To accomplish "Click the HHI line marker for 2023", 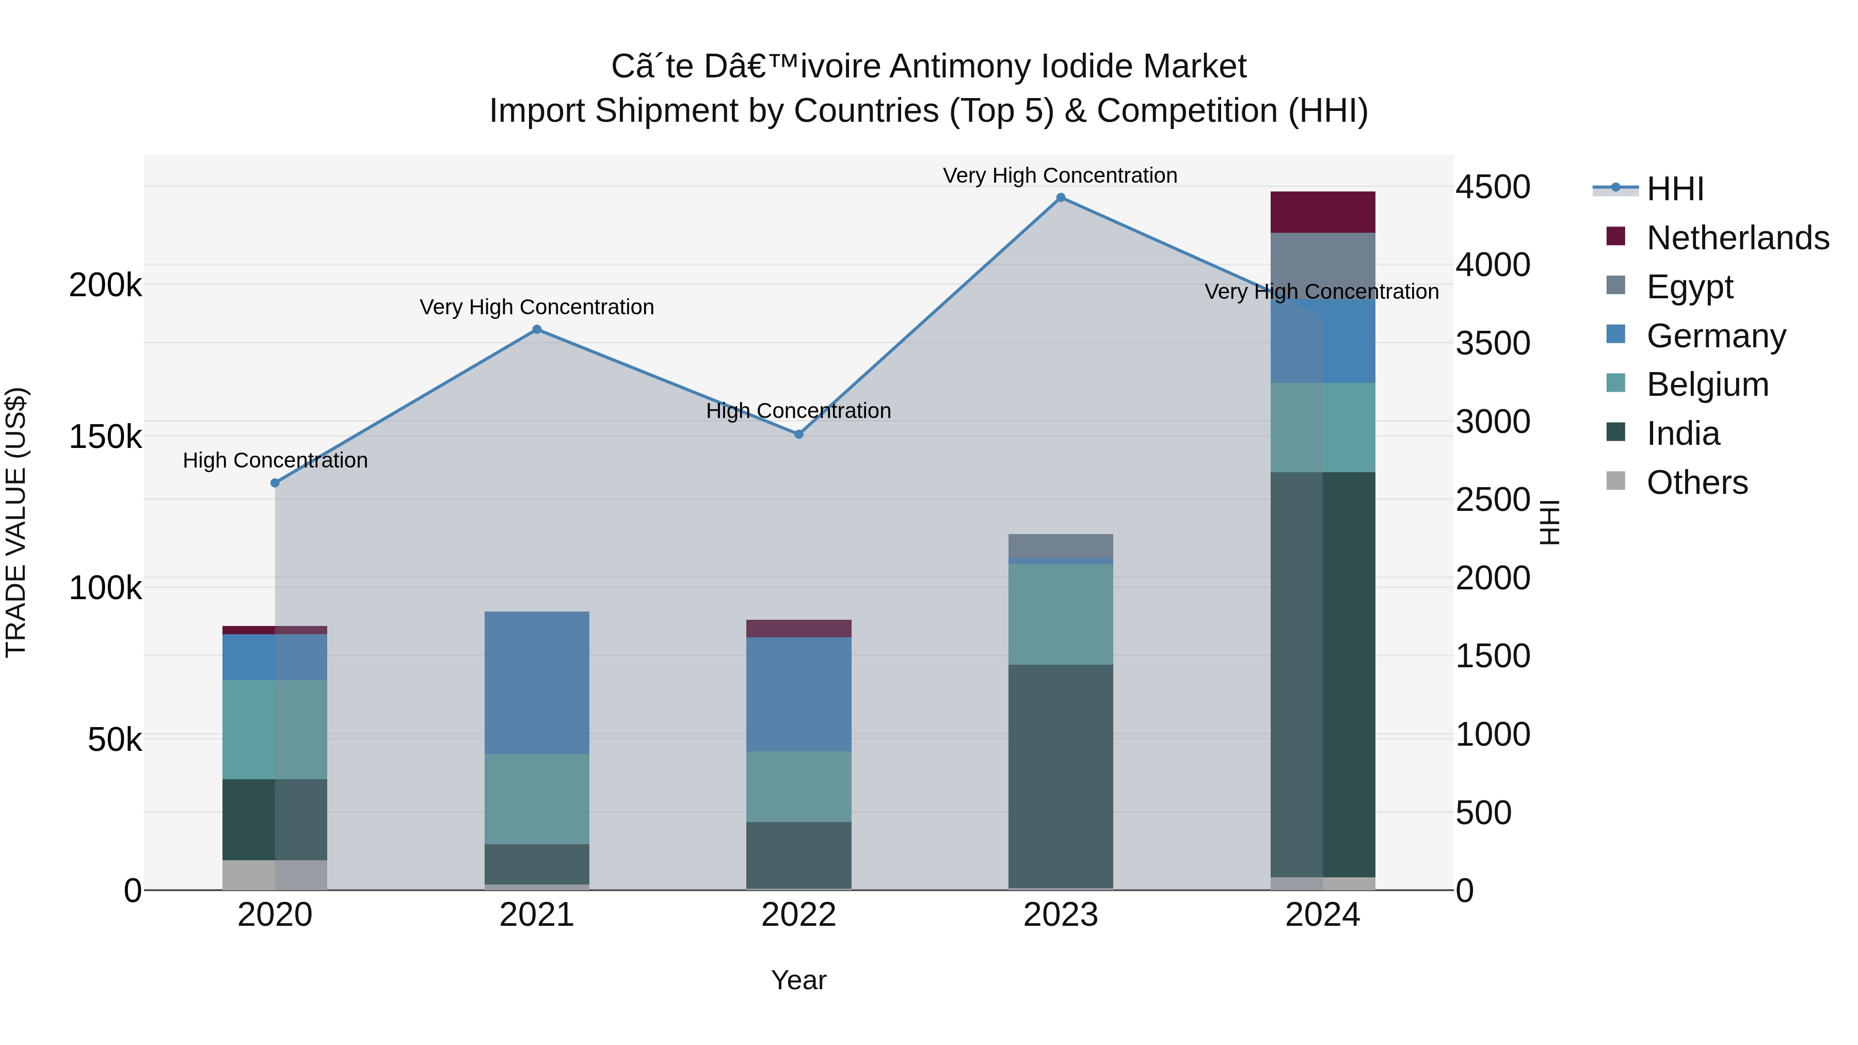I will point(1060,198).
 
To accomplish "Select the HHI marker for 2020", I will point(275,483).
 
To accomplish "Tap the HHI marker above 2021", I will point(537,330).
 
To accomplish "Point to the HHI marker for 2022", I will point(798,434).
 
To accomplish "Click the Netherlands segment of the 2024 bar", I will point(1323,212).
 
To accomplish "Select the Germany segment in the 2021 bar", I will point(537,682).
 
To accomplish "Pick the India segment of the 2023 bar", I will point(1060,776).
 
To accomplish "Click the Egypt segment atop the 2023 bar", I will point(1060,546).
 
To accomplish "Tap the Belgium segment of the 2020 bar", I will point(275,729).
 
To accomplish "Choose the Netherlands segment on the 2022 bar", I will point(798,628).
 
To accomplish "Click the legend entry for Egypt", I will point(1689,287).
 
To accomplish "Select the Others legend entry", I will point(1696,483).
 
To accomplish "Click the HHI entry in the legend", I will point(1675,189).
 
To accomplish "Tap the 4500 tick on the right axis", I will point(1492,187).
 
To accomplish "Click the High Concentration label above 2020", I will point(275,460).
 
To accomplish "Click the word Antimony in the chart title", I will point(962,67).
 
